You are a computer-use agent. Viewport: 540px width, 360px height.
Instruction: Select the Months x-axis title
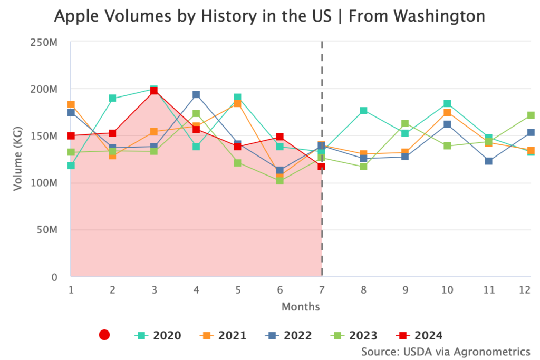pyautogui.click(x=301, y=306)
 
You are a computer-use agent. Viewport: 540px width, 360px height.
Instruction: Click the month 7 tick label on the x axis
pyautogui.click(x=322, y=289)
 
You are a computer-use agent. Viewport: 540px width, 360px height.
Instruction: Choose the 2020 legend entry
pyautogui.click(x=158, y=335)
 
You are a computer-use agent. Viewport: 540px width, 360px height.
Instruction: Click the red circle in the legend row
pyautogui.click(x=104, y=335)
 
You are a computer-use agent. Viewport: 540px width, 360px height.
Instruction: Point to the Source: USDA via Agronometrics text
pyautogui.click(x=446, y=351)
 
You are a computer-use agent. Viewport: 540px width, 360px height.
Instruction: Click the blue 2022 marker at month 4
pyautogui.click(x=196, y=95)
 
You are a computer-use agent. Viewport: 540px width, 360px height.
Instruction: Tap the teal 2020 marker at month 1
pyautogui.click(x=71, y=166)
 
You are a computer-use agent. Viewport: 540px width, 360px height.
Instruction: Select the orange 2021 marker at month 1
pyautogui.click(x=71, y=104)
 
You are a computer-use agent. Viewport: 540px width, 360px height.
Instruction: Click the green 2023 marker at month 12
pyautogui.click(x=531, y=115)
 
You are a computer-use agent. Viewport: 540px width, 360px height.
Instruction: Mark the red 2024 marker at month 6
pyautogui.click(x=279, y=137)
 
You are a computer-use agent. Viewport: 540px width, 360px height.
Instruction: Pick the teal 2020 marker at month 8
pyautogui.click(x=363, y=111)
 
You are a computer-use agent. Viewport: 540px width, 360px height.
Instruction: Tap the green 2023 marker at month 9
pyautogui.click(x=405, y=123)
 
